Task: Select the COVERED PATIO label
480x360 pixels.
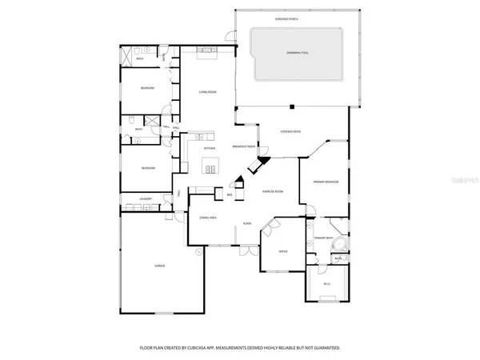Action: click(290, 132)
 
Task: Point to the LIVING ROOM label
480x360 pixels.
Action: click(208, 92)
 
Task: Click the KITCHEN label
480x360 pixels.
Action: click(210, 149)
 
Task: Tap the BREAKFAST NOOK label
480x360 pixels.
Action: click(243, 146)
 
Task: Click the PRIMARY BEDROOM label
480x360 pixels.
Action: click(326, 182)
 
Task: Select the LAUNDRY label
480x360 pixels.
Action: click(146, 198)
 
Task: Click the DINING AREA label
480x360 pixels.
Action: click(208, 218)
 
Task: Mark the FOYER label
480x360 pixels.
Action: click(248, 223)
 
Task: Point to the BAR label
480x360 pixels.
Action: click(230, 194)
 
